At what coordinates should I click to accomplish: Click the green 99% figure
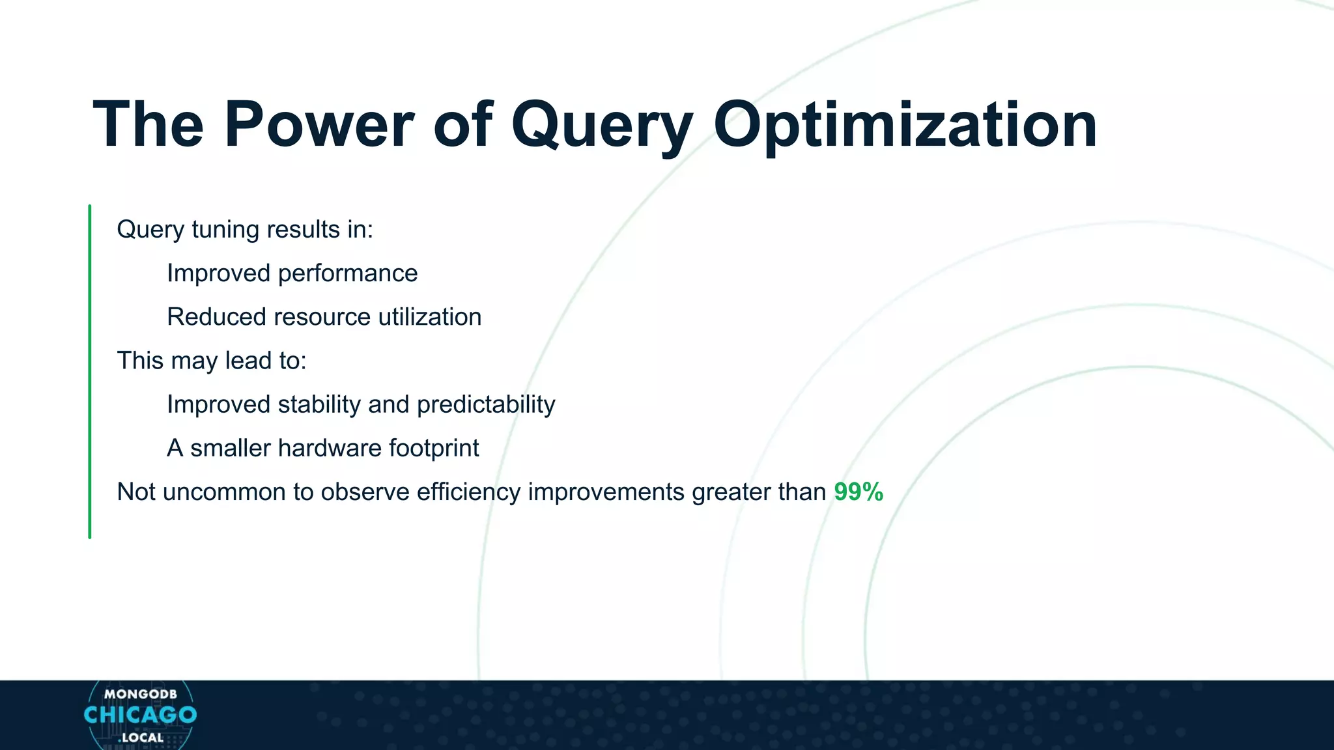pyautogui.click(x=859, y=492)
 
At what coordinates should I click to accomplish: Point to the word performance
pyautogui.click(x=347, y=273)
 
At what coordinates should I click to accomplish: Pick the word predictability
pyautogui.click(x=486, y=404)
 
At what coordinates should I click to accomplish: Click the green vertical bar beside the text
pyautogui.click(x=90, y=371)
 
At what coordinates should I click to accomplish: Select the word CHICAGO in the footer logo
pyautogui.click(x=140, y=715)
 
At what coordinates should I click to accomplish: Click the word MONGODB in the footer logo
pyautogui.click(x=140, y=694)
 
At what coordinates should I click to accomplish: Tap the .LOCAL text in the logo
pyautogui.click(x=141, y=738)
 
